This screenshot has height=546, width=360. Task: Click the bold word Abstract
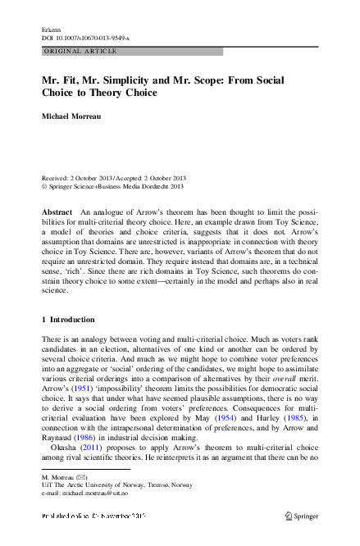pos(57,212)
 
